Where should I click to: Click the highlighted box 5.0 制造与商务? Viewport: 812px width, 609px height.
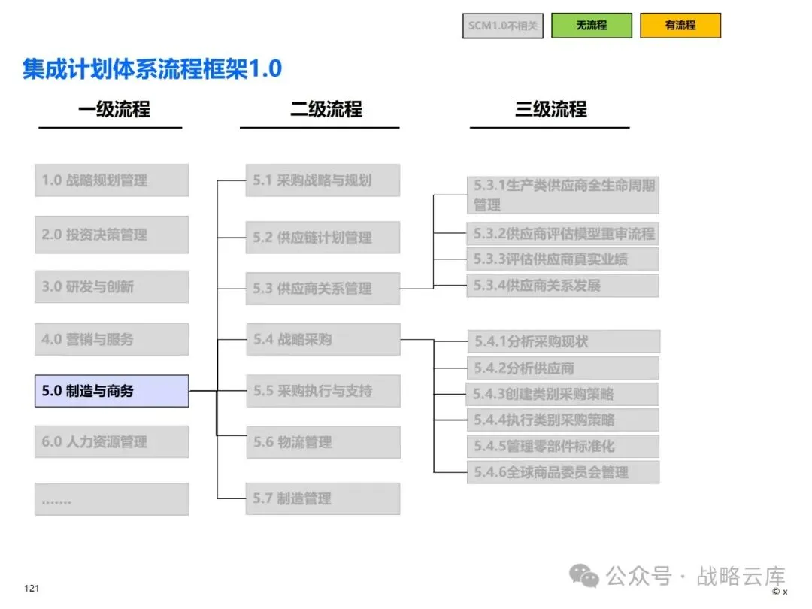(112, 391)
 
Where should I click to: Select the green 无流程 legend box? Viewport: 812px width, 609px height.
(592, 26)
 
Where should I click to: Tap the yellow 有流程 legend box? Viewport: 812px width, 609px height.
(680, 26)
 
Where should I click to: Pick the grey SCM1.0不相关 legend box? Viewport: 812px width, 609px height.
(503, 26)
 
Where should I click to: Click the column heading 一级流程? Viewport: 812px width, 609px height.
(114, 109)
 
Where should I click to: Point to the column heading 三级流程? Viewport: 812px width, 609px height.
(550, 109)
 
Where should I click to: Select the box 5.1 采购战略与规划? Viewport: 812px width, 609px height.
(323, 180)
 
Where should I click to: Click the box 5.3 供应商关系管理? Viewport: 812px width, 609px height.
(323, 289)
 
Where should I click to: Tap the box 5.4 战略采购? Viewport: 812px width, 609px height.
(323, 339)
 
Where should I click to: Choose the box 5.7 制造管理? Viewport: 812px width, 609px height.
(323, 498)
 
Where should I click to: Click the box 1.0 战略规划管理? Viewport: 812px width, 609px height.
(112, 180)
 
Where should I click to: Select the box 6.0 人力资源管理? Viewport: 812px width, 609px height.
(112, 442)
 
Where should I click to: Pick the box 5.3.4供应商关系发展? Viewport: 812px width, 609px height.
(563, 286)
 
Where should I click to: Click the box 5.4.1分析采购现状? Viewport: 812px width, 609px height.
(564, 341)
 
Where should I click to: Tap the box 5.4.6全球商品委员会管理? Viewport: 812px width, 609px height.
(563, 472)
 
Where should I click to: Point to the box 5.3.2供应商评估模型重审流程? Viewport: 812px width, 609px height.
(563, 234)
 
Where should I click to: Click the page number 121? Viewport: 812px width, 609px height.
(32, 588)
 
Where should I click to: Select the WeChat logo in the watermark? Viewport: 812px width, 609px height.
(583, 576)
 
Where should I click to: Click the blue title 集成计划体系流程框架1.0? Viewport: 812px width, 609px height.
(152, 69)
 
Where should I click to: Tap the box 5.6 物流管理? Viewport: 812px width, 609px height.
(323, 442)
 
